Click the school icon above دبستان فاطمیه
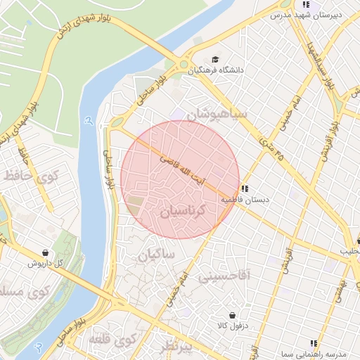pyautogui.click(x=245, y=188)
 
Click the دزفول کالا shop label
pyautogui.click(x=231, y=326)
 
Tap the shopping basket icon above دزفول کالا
pyautogui.click(x=231, y=315)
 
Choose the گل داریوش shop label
pyautogui.click(x=46, y=263)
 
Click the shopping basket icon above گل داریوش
pyautogui.click(x=46, y=252)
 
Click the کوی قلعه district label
pyautogui.click(x=111, y=341)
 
